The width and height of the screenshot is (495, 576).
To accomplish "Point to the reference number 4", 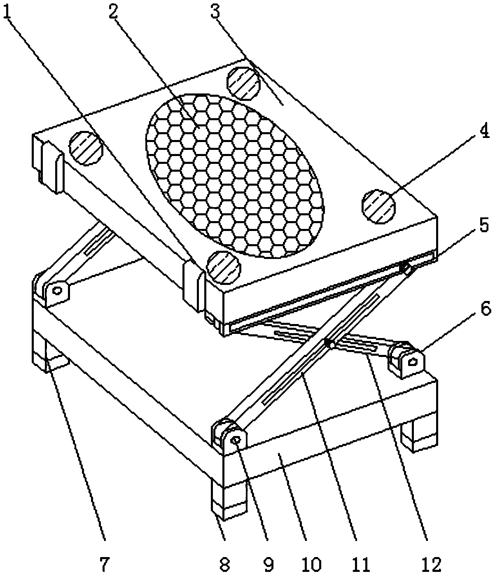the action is point(484,131).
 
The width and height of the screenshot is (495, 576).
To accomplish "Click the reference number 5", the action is point(484,225).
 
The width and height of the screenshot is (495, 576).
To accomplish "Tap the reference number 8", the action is point(225,564).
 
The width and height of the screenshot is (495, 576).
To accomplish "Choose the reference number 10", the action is point(312,564).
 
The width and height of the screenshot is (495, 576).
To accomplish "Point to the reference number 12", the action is point(431,564).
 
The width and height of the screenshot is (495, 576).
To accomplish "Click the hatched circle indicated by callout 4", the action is point(378,206).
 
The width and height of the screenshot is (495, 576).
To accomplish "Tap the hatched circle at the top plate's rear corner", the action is point(244,83).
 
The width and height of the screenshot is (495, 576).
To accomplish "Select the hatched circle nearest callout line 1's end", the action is point(224,267).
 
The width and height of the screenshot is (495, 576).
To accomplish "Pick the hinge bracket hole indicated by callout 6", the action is point(413,362).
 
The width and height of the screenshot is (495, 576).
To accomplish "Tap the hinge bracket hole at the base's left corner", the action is point(58,290).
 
